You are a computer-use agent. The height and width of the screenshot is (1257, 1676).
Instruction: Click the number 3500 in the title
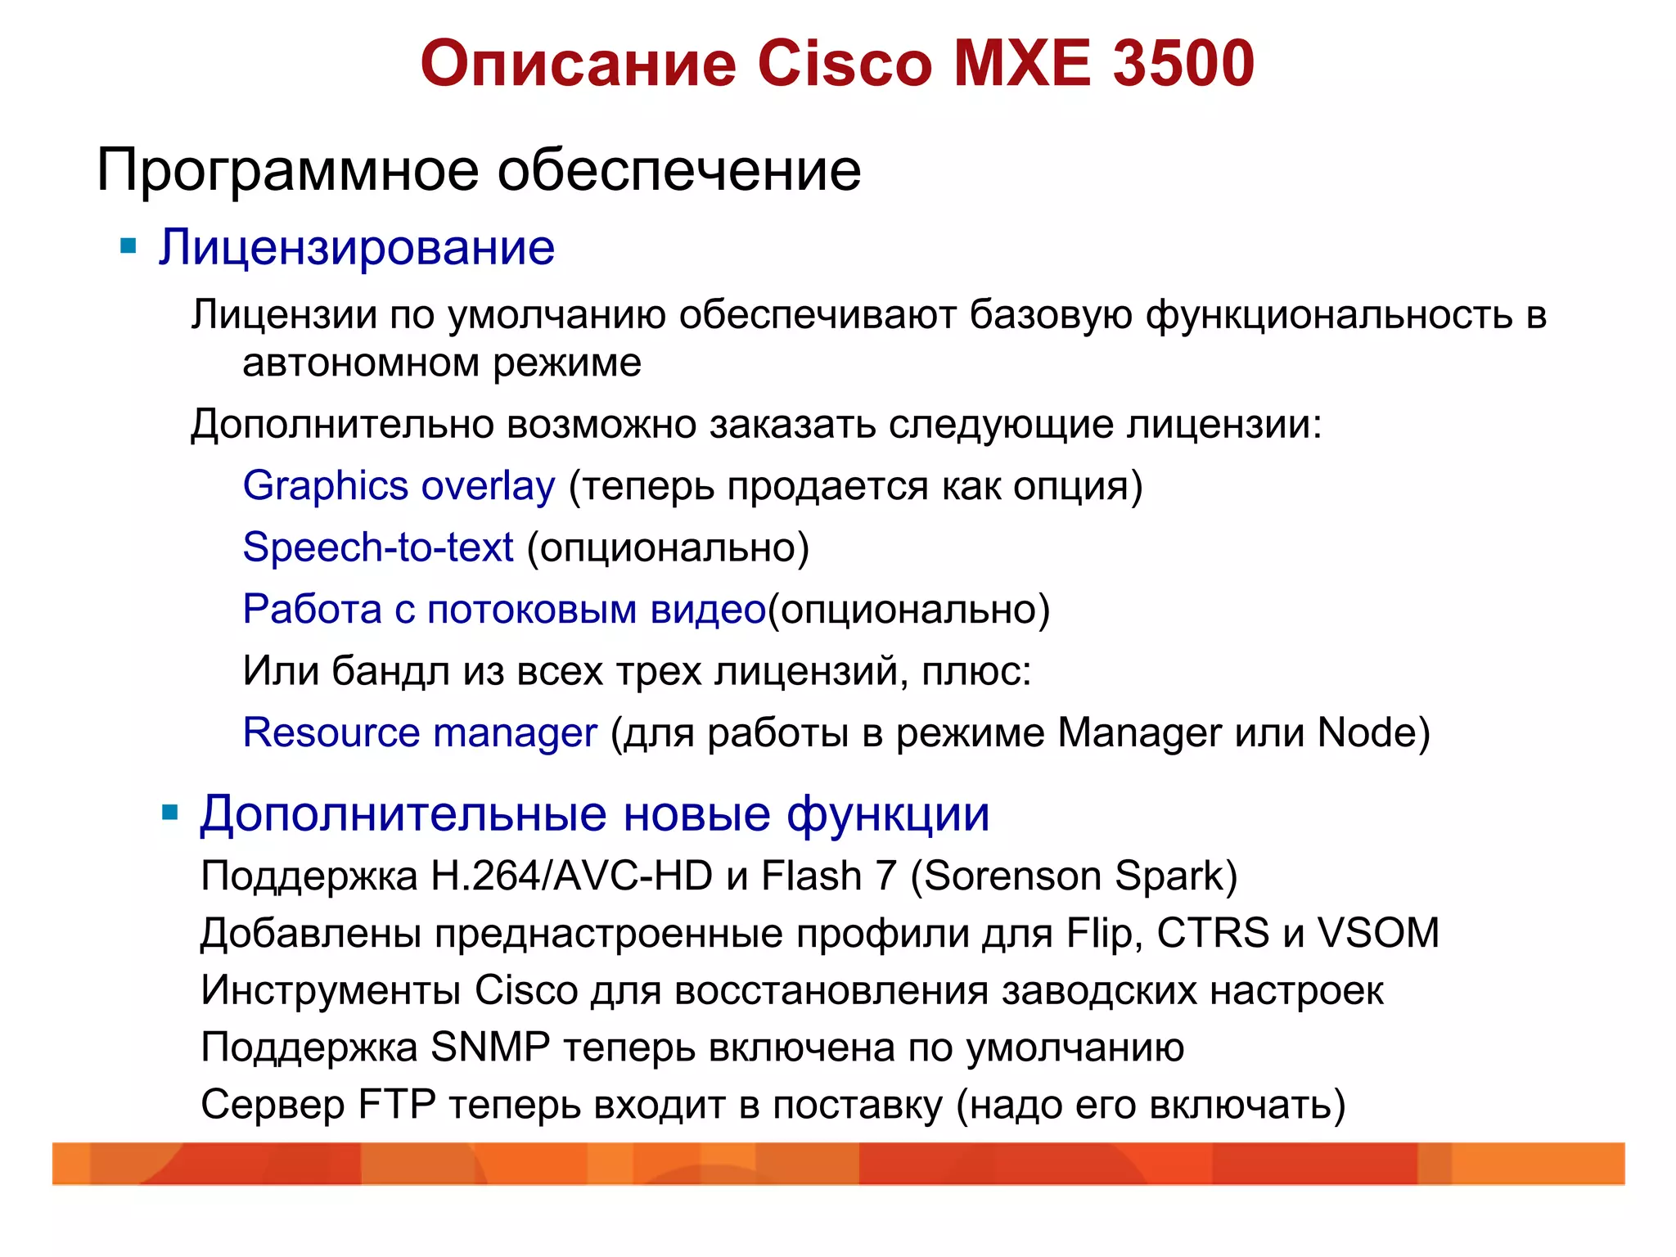[1183, 64]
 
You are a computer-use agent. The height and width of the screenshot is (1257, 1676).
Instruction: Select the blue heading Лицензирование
[357, 247]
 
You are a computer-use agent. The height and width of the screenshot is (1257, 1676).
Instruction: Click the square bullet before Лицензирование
[128, 246]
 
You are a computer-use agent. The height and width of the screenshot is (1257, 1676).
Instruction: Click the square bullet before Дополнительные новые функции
[170, 813]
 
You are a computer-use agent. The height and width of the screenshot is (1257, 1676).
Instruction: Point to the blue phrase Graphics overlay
[399, 486]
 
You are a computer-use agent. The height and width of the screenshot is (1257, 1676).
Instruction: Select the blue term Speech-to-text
[378, 547]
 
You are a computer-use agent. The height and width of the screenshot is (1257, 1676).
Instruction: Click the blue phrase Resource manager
[420, 732]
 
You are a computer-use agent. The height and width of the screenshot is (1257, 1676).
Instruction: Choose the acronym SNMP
[490, 1047]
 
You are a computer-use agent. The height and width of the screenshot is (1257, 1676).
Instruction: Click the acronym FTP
[397, 1105]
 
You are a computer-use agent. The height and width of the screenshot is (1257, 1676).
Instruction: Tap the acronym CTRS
[1212, 934]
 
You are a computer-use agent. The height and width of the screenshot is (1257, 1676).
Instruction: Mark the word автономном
[361, 363]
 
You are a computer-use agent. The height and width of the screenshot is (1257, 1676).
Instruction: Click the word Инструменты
[331, 991]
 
